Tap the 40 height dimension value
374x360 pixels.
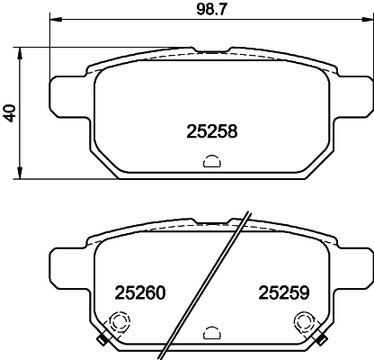[10, 113]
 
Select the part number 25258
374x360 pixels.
[211, 130]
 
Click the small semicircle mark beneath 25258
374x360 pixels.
[211, 163]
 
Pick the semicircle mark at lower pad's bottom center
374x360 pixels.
[211, 331]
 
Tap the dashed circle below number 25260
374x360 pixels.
[117, 322]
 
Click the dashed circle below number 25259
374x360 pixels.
[306, 322]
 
